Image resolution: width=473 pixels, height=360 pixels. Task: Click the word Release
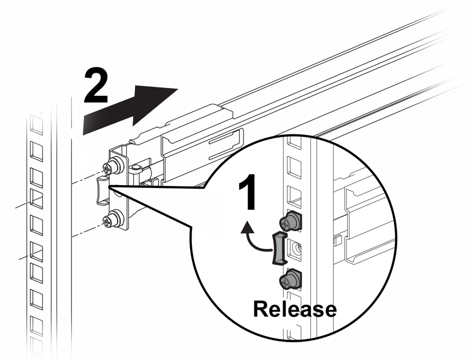point(295,309)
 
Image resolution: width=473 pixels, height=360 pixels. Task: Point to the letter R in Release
point(262,309)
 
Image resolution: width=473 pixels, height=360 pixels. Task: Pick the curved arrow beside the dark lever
point(254,239)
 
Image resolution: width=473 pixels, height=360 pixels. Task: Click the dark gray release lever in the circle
point(278,249)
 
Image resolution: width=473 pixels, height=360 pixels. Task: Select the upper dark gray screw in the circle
point(291,221)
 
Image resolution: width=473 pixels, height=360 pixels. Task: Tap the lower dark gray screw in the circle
point(290,280)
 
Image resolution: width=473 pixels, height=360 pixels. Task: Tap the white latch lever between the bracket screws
point(103,191)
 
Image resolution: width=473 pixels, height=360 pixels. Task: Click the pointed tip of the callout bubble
point(111,186)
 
